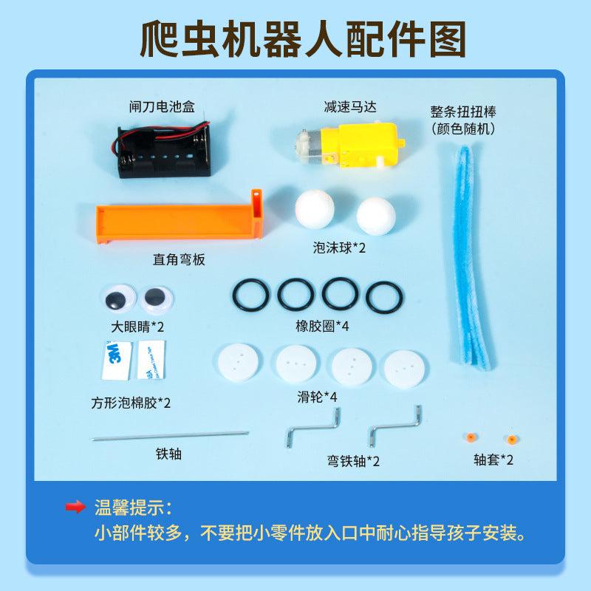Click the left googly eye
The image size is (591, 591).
[115, 298]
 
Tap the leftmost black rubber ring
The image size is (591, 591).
[251, 295]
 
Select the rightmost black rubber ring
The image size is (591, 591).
[385, 298]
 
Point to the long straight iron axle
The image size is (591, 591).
[171, 437]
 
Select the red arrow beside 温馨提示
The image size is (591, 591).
[75, 508]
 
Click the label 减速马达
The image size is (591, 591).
[350, 107]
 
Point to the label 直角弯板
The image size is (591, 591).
[179, 260]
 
